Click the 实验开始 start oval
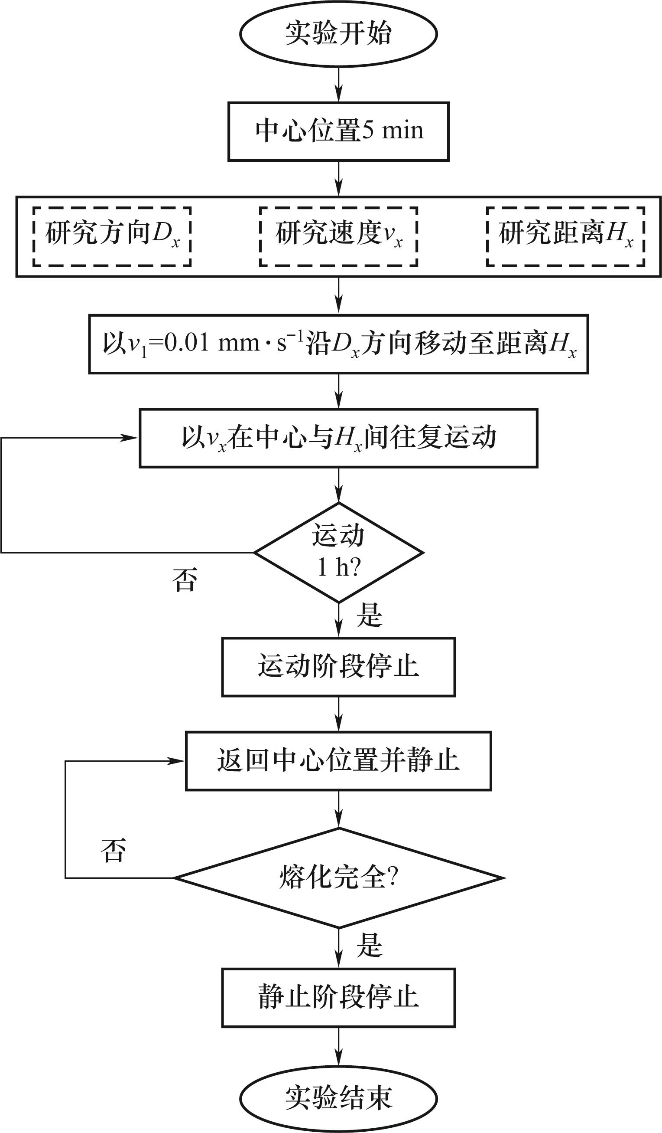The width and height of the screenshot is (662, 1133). [338, 34]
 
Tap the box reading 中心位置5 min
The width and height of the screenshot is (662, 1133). [338, 131]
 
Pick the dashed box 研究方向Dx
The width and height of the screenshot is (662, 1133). [112, 236]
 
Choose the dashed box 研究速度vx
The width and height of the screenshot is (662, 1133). [338, 236]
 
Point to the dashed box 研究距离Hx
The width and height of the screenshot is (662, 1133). [565, 236]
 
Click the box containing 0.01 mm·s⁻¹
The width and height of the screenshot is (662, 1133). [338, 344]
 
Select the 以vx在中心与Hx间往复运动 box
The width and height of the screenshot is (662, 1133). [338, 438]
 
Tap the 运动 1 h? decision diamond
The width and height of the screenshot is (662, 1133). [338, 552]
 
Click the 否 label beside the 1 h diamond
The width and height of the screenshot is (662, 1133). [185, 580]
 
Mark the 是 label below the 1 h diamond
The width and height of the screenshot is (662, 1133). [369, 615]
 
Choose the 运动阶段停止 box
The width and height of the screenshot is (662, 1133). [338, 667]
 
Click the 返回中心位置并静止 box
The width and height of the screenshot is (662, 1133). [338, 761]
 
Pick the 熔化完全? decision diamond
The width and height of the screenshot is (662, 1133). [338, 877]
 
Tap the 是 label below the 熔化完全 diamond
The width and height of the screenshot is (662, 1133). [369, 946]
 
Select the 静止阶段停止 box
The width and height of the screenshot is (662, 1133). [338, 998]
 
